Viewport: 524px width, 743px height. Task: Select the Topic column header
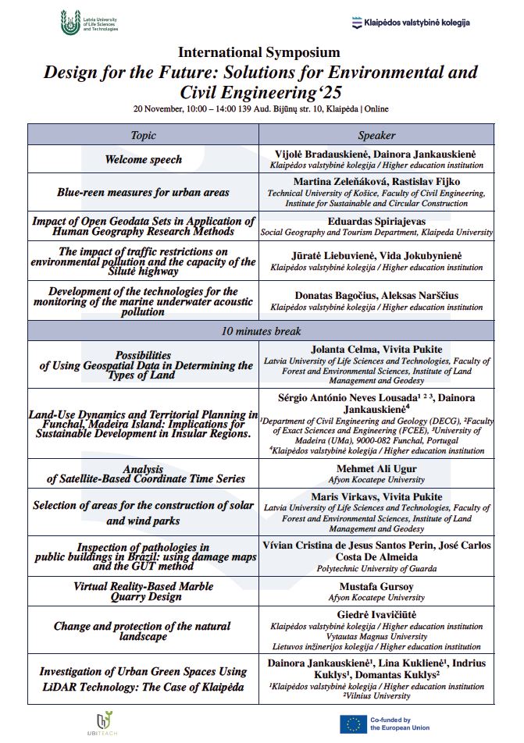144,135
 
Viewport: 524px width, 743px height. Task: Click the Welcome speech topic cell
144,159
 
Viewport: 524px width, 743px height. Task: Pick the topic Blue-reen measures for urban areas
144,192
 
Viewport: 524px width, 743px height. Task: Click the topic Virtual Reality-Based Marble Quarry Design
144,591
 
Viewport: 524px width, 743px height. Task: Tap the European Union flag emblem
353,724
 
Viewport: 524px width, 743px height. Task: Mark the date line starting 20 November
261,108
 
